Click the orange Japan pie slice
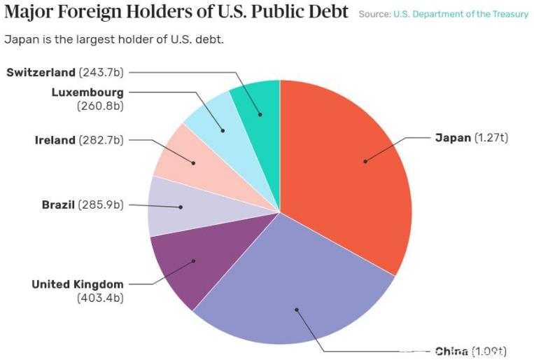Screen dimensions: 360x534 click(350, 168)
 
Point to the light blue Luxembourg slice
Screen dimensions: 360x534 click(213, 119)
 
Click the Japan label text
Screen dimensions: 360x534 click(453, 138)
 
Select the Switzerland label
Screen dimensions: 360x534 click(41, 72)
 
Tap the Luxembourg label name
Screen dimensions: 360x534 click(87, 92)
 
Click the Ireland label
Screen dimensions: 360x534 click(55, 140)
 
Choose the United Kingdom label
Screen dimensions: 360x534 click(78, 284)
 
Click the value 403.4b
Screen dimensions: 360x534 click(100, 298)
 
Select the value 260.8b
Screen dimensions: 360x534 click(100, 106)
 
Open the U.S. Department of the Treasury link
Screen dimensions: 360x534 click(461, 14)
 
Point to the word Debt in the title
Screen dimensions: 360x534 click(327, 13)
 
